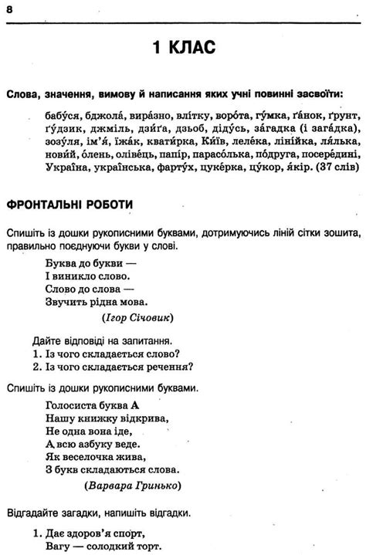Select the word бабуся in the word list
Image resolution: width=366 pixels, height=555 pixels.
tap(52, 116)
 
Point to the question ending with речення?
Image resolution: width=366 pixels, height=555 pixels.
tap(113, 367)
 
